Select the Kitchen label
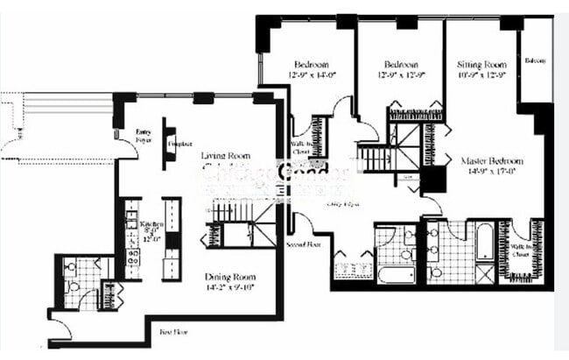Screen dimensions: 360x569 point(152,224)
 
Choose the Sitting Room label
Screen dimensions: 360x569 point(482,65)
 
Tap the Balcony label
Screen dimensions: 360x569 point(536,60)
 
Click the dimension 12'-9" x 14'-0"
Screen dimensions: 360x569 point(311,74)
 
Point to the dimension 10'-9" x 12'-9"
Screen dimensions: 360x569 point(482,75)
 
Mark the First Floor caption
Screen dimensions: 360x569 point(174,332)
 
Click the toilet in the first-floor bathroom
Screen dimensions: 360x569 point(74,285)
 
